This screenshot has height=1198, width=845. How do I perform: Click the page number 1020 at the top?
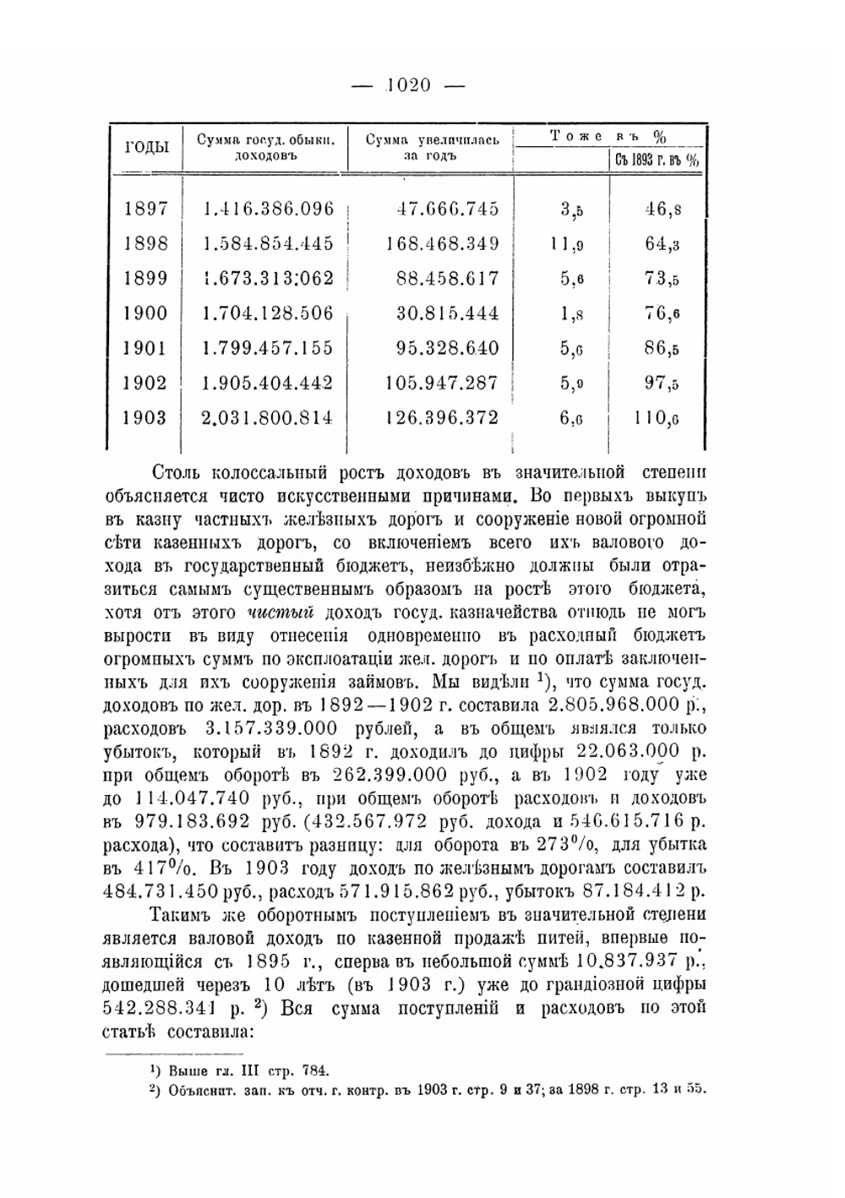pyautogui.click(x=408, y=85)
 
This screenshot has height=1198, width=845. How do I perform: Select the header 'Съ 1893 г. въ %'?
pyautogui.click(x=657, y=160)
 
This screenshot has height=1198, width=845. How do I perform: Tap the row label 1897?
pyautogui.click(x=146, y=209)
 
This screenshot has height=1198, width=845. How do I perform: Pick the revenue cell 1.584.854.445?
pyautogui.click(x=268, y=244)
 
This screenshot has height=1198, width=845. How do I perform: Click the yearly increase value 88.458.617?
pyautogui.click(x=448, y=279)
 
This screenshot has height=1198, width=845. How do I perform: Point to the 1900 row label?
pyautogui.click(x=146, y=313)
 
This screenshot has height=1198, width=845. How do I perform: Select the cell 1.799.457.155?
pyautogui.click(x=268, y=348)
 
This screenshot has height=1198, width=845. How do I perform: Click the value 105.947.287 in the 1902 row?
pyautogui.click(x=441, y=383)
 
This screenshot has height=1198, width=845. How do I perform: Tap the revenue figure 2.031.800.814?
pyautogui.click(x=268, y=417)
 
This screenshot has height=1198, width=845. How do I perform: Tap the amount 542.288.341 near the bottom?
pyautogui.click(x=194, y=1009)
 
